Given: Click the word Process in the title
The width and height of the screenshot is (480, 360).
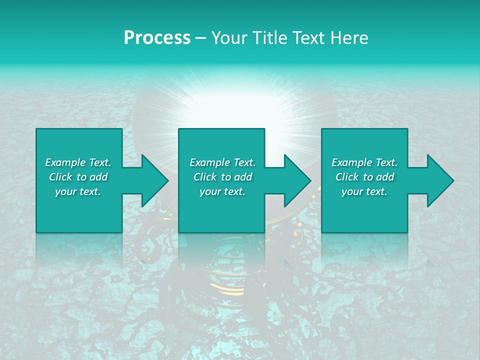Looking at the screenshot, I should click(x=157, y=38).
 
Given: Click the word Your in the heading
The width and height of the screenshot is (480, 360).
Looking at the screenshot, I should click(x=228, y=38).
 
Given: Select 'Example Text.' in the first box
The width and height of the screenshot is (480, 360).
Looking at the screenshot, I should click(x=78, y=162).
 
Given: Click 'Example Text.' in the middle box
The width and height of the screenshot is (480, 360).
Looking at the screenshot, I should click(x=222, y=162).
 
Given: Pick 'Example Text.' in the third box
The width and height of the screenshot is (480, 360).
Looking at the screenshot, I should click(x=364, y=162).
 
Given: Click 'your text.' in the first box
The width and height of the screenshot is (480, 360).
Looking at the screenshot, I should click(x=78, y=191).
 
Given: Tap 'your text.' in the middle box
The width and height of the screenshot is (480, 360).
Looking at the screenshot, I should click(x=222, y=191).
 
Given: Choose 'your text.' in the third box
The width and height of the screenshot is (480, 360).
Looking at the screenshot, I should click(x=364, y=191).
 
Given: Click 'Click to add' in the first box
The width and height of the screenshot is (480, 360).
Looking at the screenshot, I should click(x=78, y=177).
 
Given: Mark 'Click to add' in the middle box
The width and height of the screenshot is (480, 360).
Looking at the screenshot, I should click(x=222, y=177).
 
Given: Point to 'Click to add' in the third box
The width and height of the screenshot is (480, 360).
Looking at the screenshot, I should click(x=364, y=177).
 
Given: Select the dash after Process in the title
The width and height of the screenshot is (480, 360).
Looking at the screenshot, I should click(x=201, y=38).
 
